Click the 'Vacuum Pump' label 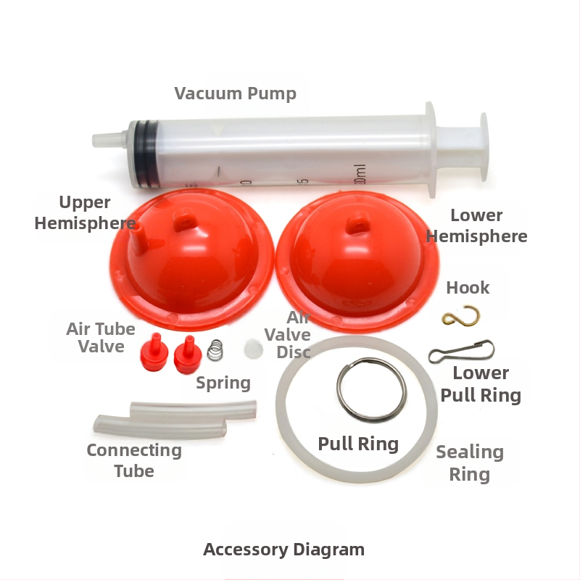coord(235,94)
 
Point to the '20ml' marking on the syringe coord(360,175)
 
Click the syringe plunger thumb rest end coord(484,147)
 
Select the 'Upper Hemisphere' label coord(85,212)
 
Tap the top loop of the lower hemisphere coord(357,222)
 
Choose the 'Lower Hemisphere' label coord(476,225)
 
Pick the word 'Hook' coord(468,288)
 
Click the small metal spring coord(215,350)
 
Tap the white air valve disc coord(253,349)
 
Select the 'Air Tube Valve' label coord(101,337)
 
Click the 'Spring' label coord(223,383)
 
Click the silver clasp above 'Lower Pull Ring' coord(461,351)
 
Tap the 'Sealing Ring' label coord(470,463)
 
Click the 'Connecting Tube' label coord(134,460)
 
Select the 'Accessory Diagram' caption coord(283,550)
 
